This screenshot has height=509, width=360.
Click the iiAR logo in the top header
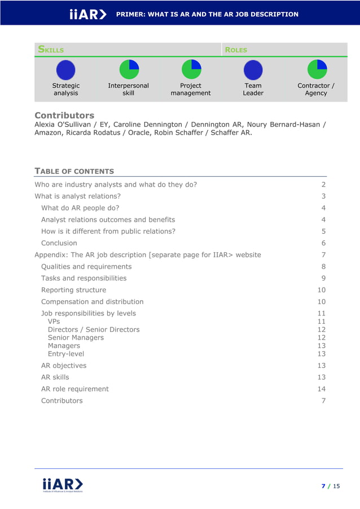point(87,14)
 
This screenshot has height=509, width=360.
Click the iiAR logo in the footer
point(63,485)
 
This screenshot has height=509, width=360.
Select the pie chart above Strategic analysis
point(65,70)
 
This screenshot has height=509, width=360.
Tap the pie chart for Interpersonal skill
point(129,69)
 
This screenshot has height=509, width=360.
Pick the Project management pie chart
point(191,69)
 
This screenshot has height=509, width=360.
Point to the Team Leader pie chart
point(253,70)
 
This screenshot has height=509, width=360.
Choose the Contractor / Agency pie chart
point(316,69)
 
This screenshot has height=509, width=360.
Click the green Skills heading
point(51,50)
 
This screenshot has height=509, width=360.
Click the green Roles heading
point(236,50)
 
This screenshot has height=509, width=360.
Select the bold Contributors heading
point(64,115)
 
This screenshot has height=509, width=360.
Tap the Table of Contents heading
point(74,171)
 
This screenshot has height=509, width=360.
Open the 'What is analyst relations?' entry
point(77,196)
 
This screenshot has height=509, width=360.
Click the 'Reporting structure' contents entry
point(73,290)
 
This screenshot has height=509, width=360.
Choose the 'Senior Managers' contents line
point(76,337)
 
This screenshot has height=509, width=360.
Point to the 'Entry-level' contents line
point(66,354)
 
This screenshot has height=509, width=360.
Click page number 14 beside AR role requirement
point(322,389)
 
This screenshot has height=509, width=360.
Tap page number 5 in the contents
point(324,231)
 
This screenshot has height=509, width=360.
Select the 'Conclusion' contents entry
point(59,243)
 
